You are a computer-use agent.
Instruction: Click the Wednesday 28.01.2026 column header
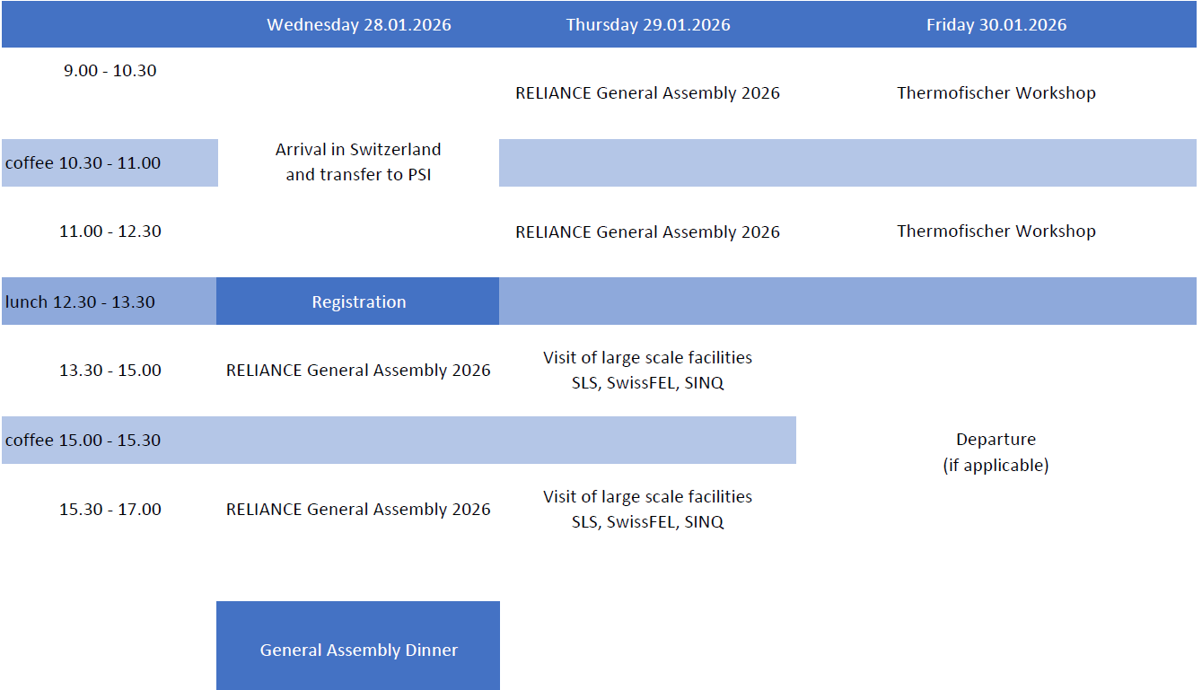358,25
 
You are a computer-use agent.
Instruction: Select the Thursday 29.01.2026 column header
648,25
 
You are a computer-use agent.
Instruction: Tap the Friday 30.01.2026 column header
996,25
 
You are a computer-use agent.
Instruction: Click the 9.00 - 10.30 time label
110,70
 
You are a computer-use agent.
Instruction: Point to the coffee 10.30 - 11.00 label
83,162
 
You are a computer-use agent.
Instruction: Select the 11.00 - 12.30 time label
110,231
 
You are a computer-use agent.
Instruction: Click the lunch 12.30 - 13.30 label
80,301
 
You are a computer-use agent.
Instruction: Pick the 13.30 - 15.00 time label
110,371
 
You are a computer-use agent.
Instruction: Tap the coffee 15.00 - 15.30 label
83,440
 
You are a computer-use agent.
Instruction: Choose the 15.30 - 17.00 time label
110,509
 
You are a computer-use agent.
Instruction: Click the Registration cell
358,301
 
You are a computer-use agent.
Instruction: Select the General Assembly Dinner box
358,645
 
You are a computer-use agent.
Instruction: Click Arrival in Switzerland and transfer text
358,162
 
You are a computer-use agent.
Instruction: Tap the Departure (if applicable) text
996,451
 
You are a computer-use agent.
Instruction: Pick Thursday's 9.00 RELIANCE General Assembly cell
647,92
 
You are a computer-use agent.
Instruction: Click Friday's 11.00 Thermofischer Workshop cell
996,231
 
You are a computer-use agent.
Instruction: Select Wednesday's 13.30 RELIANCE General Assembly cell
358,371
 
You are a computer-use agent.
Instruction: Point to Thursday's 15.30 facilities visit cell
647,509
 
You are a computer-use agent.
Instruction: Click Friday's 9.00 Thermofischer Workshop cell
996,92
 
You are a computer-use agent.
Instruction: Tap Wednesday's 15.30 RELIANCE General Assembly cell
358,509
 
